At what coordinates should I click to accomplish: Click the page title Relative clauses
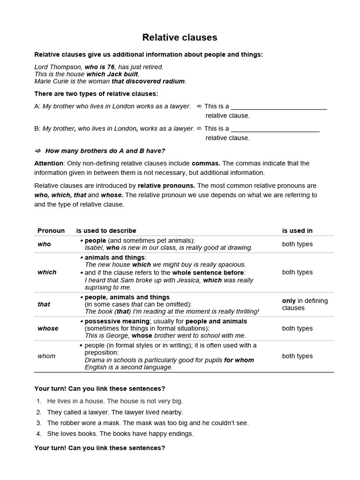(180, 37)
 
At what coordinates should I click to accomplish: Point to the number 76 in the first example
(111, 67)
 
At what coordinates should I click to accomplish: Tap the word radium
(173, 81)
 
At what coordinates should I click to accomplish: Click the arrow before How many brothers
(38, 151)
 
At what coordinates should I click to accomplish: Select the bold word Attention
(49, 163)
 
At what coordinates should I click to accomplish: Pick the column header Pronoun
(51, 231)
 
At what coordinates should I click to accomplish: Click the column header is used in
(297, 231)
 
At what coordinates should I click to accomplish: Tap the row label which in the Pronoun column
(47, 272)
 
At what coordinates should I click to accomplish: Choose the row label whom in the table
(46, 356)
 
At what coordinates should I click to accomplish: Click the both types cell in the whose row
(297, 329)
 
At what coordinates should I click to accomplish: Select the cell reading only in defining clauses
(305, 304)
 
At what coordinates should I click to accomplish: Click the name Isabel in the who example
(94, 248)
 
